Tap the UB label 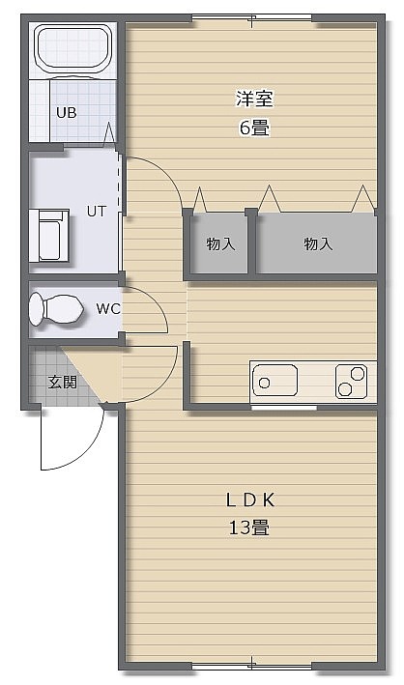tap(67, 113)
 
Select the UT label tap(97, 212)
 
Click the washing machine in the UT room tap(49, 236)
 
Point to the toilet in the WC tap(56, 310)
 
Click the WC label tap(108, 309)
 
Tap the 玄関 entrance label tap(62, 383)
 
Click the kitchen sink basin tap(275, 381)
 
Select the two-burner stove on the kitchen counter tap(351, 382)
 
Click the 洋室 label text tap(254, 99)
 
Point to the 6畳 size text tap(254, 128)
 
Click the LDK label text tap(250, 500)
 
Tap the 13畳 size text tap(249, 528)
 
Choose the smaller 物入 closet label tap(220, 243)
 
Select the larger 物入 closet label tap(318, 243)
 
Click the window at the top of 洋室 tap(252, 19)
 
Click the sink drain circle tap(264, 384)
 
